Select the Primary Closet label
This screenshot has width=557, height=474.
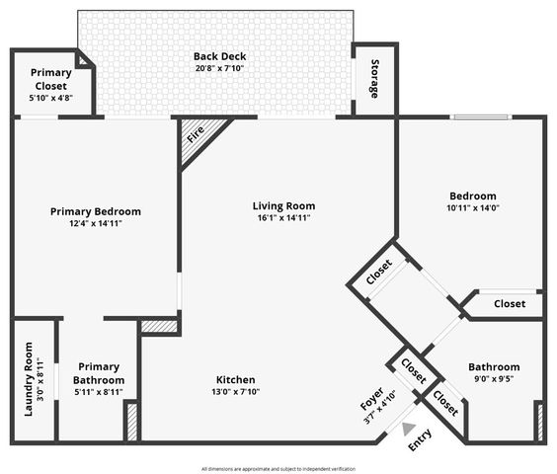pos(50,73)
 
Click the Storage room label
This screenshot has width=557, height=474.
pos(374,80)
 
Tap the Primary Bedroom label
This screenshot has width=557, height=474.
pos(96,211)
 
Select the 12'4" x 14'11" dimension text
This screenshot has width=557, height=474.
pos(96,224)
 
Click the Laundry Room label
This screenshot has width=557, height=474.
pos(29,378)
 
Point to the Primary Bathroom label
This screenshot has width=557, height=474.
pos(99,373)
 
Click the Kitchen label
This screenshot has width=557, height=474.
pos(236,380)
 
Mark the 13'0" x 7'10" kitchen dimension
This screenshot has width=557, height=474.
pos(236,393)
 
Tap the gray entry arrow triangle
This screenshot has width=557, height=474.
pos(409,429)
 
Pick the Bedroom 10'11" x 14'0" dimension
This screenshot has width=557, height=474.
pos(473,209)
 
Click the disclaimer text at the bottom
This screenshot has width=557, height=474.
pos(278,469)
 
